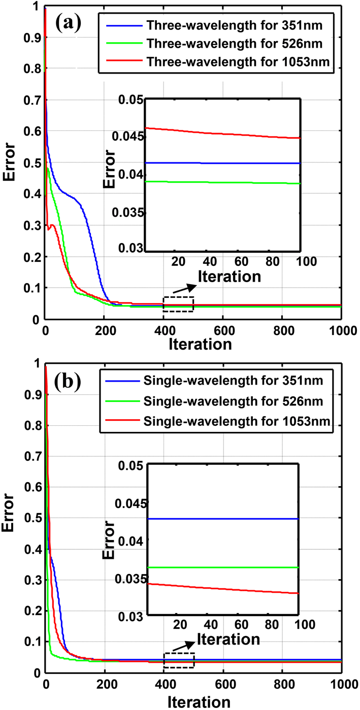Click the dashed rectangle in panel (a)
coord(178,304)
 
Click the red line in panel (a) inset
coord(223,133)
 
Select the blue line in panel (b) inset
coord(223,519)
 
